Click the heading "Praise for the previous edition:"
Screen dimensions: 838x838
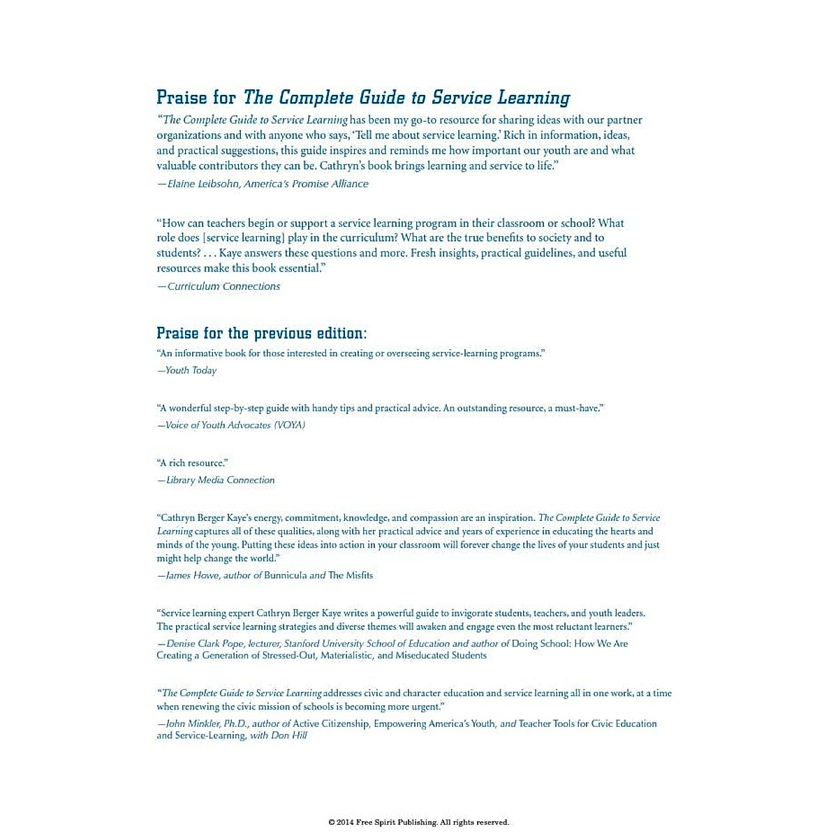click(x=261, y=333)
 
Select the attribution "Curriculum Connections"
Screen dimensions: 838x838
click(x=223, y=286)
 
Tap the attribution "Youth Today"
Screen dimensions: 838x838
click(x=191, y=371)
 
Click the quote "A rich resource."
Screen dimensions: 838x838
click(x=193, y=463)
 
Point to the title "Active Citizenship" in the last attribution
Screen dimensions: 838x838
click(x=330, y=724)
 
